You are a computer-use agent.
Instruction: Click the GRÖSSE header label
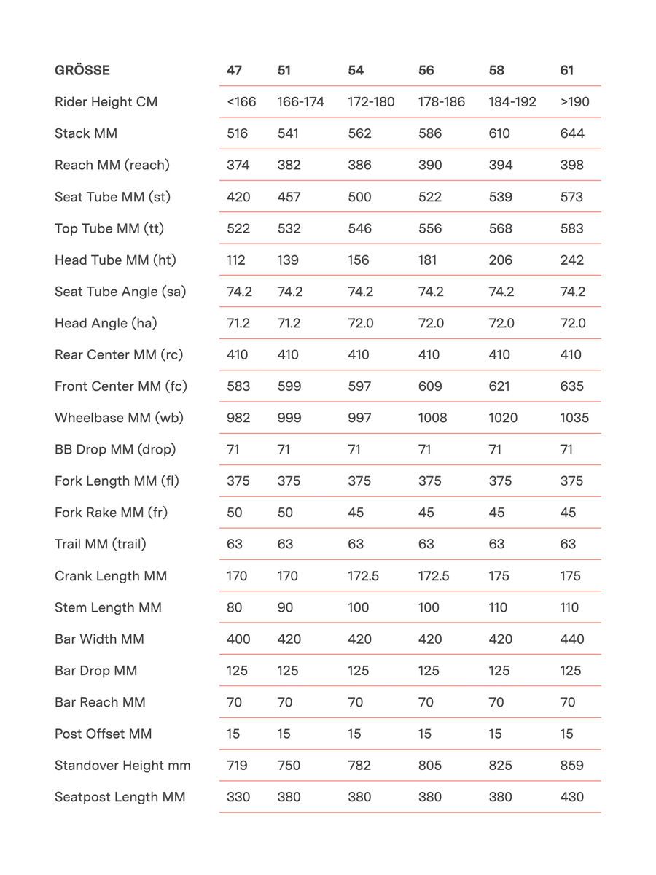(x=82, y=71)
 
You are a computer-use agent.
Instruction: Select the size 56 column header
(x=426, y=71)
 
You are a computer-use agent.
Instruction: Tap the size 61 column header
(x=567, y=71)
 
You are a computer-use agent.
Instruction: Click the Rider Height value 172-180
(x=371, y=102)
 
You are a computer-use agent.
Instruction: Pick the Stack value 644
(x=572, y=133)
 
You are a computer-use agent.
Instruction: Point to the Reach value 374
(x=238, y=166)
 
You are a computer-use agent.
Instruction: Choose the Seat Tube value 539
(x=501, y=197)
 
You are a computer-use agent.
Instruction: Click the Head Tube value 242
(x=572, y=260)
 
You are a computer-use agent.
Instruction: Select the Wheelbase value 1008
(x=433, y=418)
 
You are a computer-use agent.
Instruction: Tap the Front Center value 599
(x=289, y=386)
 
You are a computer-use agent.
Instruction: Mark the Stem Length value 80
(x=235, y=607)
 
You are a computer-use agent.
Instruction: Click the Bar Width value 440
(x=572, y=639)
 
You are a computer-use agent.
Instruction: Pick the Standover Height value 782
(x=359, y=766)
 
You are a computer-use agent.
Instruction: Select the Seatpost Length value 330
(x=238, y=797)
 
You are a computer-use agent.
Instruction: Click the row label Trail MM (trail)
(x=101, y=545)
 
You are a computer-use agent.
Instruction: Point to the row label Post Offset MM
(x=104, y=734)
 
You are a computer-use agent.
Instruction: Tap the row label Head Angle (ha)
(x=106, y=323)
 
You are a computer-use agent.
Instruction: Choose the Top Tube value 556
(x=430, y=229)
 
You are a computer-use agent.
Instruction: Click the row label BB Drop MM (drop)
(x=115, y=450)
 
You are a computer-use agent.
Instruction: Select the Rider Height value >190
(x=575, y=102)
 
